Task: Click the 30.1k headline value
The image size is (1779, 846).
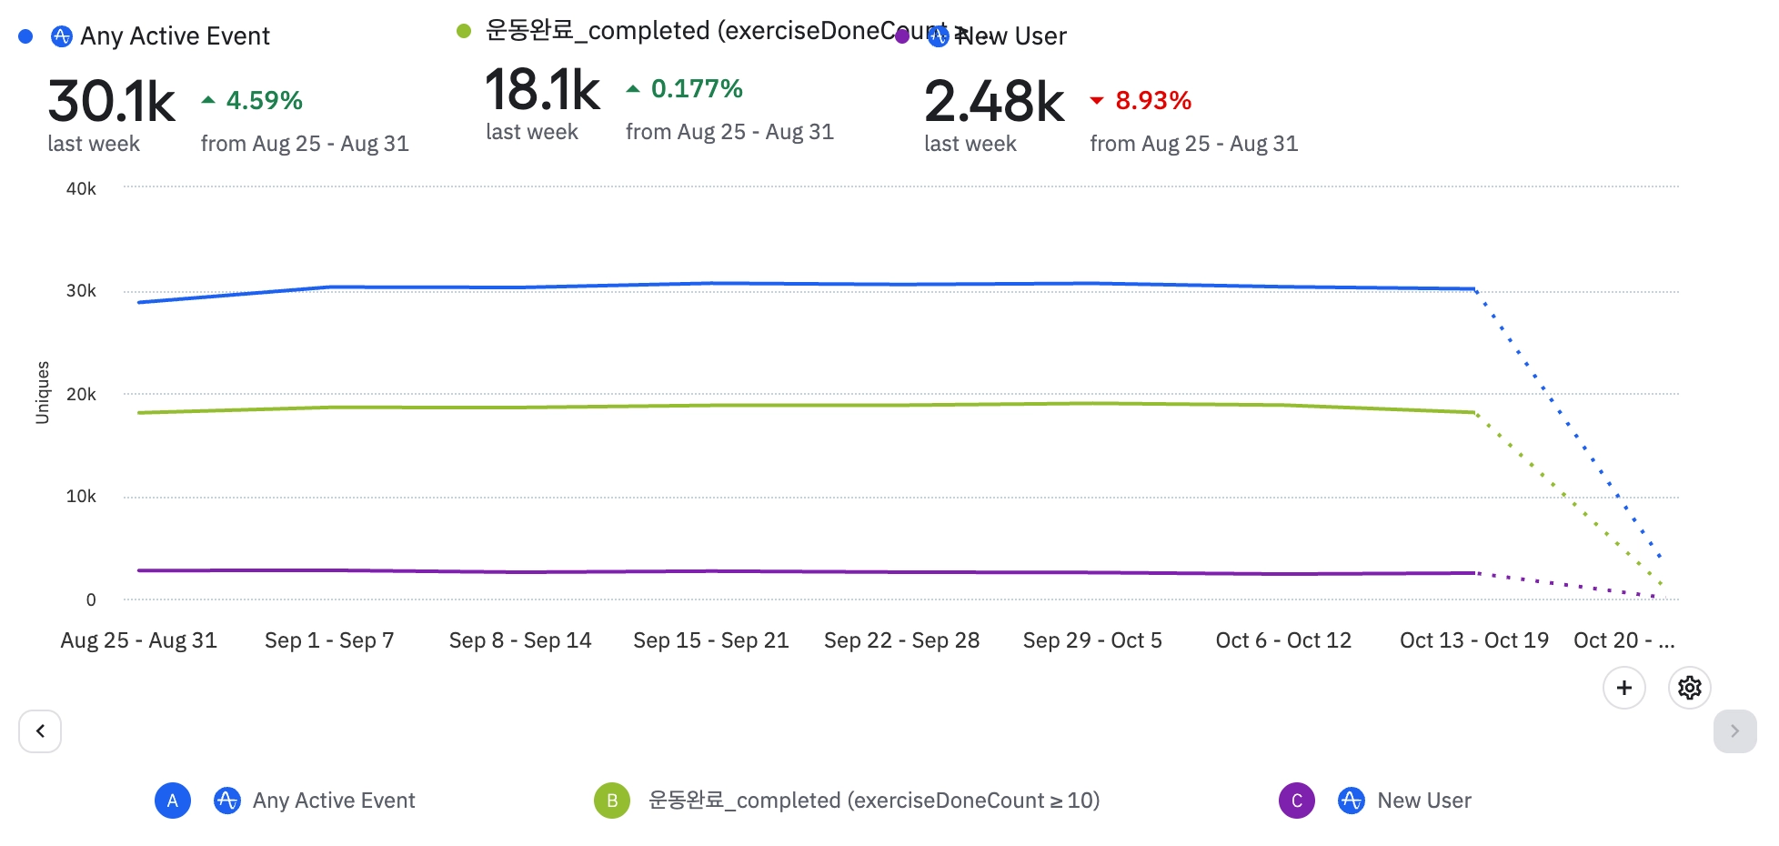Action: point(111,101)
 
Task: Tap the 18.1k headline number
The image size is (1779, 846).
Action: point(542,90)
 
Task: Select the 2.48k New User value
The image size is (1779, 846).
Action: point(993,101)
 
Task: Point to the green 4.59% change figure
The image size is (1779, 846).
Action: point(264,100)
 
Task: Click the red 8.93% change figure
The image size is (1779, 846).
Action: point(1152,100)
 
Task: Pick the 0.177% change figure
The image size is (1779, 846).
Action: point(697,88)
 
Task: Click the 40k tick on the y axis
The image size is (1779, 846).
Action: point(81,188)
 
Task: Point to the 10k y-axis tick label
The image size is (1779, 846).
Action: point(81,497)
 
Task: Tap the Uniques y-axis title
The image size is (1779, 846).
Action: point(43,392)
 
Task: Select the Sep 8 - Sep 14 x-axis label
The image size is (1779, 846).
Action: point(520,640)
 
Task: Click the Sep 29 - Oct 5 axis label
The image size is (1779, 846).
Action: point(1092,640)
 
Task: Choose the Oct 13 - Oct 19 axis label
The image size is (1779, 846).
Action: point(1473,640)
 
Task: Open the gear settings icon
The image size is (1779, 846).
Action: point(1689,688)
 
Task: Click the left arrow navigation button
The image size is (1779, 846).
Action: point(40,731)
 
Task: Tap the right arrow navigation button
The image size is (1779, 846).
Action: point(1734,731)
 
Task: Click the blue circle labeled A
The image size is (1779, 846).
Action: point(173,801)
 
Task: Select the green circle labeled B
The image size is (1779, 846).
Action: point(612,801)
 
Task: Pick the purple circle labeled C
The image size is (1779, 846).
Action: point(1296,801)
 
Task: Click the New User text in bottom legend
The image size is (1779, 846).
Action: point(1423,801)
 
